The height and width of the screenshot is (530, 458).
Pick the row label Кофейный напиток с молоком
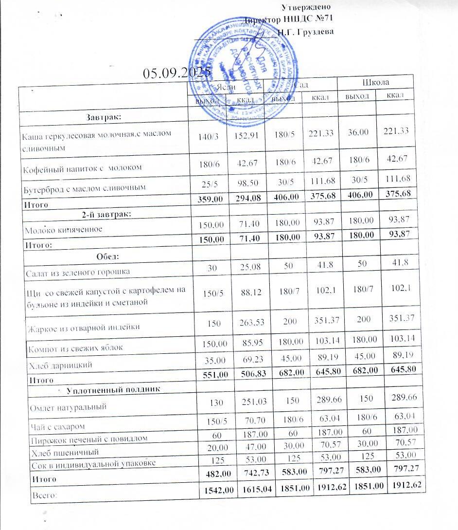tap(81, 168)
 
